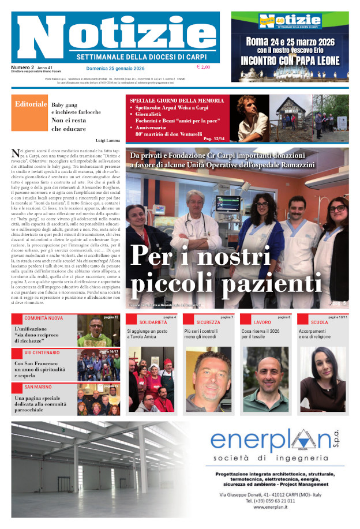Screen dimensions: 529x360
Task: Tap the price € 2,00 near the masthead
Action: (x=202, y=67)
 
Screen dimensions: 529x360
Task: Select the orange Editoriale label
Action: (x=31, y=104)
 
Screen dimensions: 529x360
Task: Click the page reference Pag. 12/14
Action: (x=216, y=138)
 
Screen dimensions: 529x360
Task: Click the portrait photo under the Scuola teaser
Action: (x=322, y=378)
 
